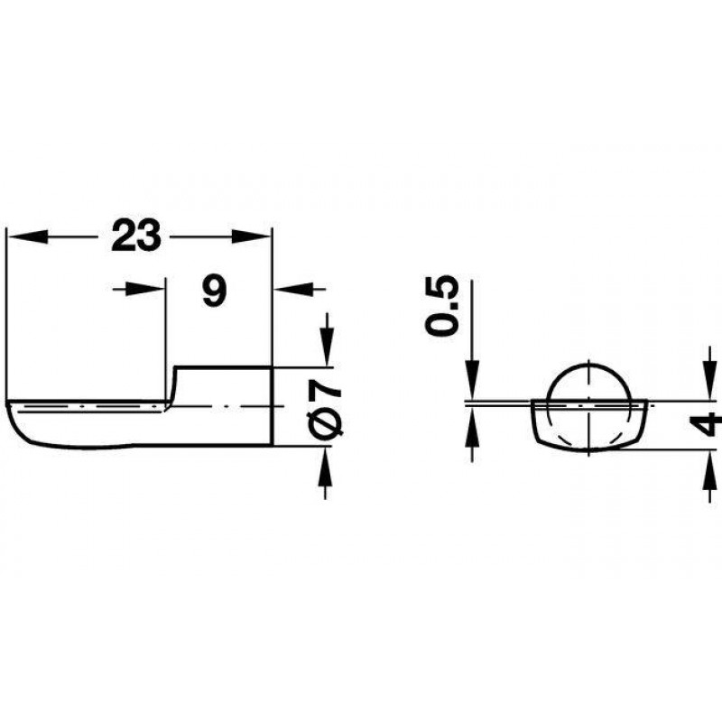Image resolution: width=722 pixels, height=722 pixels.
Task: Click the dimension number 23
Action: pos(136,236)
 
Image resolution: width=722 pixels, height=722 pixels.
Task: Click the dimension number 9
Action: pos(215,291)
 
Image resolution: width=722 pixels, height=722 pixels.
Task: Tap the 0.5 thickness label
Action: pos(442,306)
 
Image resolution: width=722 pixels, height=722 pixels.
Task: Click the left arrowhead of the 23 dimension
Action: pos(29,236)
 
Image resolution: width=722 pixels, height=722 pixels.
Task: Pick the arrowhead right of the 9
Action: pos(293,289)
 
